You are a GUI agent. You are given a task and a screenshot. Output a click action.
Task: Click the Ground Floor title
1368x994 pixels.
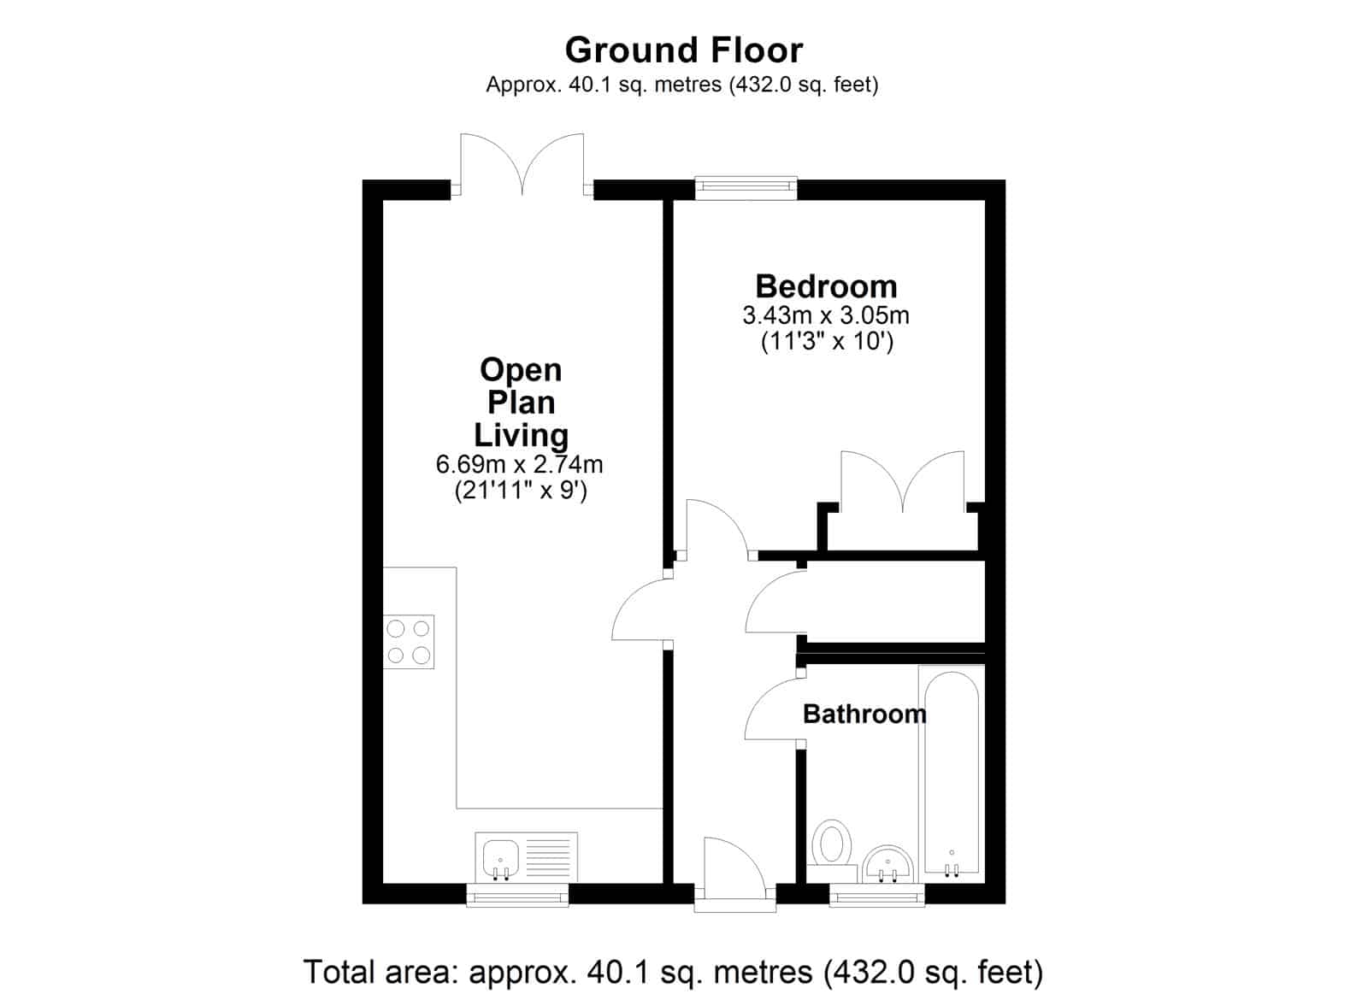tap(683, 50)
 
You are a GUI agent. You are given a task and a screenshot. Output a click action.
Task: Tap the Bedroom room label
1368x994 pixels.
tap(826, 286)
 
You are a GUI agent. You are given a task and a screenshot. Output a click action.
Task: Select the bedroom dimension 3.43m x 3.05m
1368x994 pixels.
tap(826, 315)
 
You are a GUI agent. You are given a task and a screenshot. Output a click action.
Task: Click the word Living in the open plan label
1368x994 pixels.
tap(521, 436)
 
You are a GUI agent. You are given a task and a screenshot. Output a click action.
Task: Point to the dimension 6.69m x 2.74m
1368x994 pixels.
tap(519, 465)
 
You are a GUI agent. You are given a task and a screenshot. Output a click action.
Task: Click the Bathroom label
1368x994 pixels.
tap(864, 714)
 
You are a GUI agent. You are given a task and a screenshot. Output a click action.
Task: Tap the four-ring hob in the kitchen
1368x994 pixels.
tap(409, 642)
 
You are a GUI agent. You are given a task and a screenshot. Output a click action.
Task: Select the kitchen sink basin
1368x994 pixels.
tap(501, 859)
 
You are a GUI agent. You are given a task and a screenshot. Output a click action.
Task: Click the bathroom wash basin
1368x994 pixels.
tap(888, 865)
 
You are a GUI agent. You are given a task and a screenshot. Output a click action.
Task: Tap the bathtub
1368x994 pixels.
tap(952, 775)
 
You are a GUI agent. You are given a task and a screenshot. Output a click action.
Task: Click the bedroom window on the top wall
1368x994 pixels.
tap(746, 188)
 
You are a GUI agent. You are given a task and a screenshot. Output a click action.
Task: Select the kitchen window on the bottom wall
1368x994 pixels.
tap(517, 895)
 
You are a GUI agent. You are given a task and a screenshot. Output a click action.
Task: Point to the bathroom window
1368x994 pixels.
tap(877, 895)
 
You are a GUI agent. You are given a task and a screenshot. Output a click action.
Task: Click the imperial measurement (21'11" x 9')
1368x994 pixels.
tap(521, 491)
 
